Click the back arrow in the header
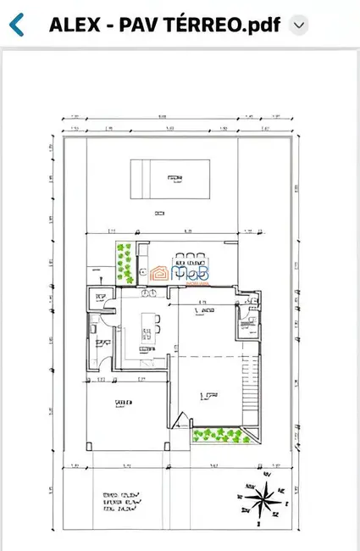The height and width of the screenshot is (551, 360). coord(16,25)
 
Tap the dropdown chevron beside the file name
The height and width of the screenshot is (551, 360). coord(297,25)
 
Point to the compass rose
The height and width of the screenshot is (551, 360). coord(261,499)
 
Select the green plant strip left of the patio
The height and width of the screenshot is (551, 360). coord(125,265)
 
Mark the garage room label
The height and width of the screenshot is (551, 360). coord(123,405)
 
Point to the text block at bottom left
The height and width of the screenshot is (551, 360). coord(119,502)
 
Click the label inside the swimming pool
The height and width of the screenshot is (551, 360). coord(174,178)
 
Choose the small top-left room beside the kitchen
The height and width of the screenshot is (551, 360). coord(102,298)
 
